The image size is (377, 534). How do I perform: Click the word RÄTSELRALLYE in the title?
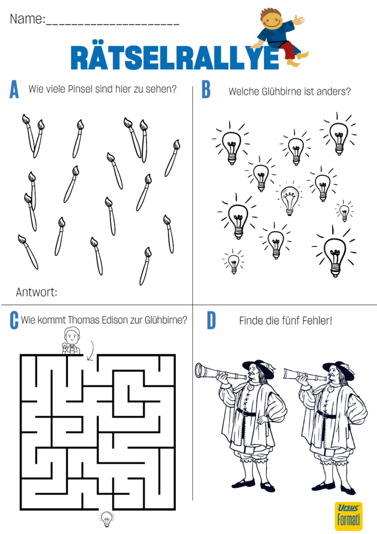click(175, 57)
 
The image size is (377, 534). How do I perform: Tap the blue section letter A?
click(14, 89)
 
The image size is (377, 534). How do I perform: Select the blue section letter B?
click(206, 89)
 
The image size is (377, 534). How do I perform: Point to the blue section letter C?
click(14, 320)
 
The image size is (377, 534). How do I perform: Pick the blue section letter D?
click(211, 320)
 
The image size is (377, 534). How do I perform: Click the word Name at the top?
click(27, 19)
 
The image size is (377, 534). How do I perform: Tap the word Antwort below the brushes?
click(36, 292)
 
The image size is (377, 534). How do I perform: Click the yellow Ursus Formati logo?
click(349, 516)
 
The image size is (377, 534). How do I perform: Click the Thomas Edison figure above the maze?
click(71, 341)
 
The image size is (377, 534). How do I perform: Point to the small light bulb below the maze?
click(107, 519)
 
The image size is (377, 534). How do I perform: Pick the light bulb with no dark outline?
click(290, 200)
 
